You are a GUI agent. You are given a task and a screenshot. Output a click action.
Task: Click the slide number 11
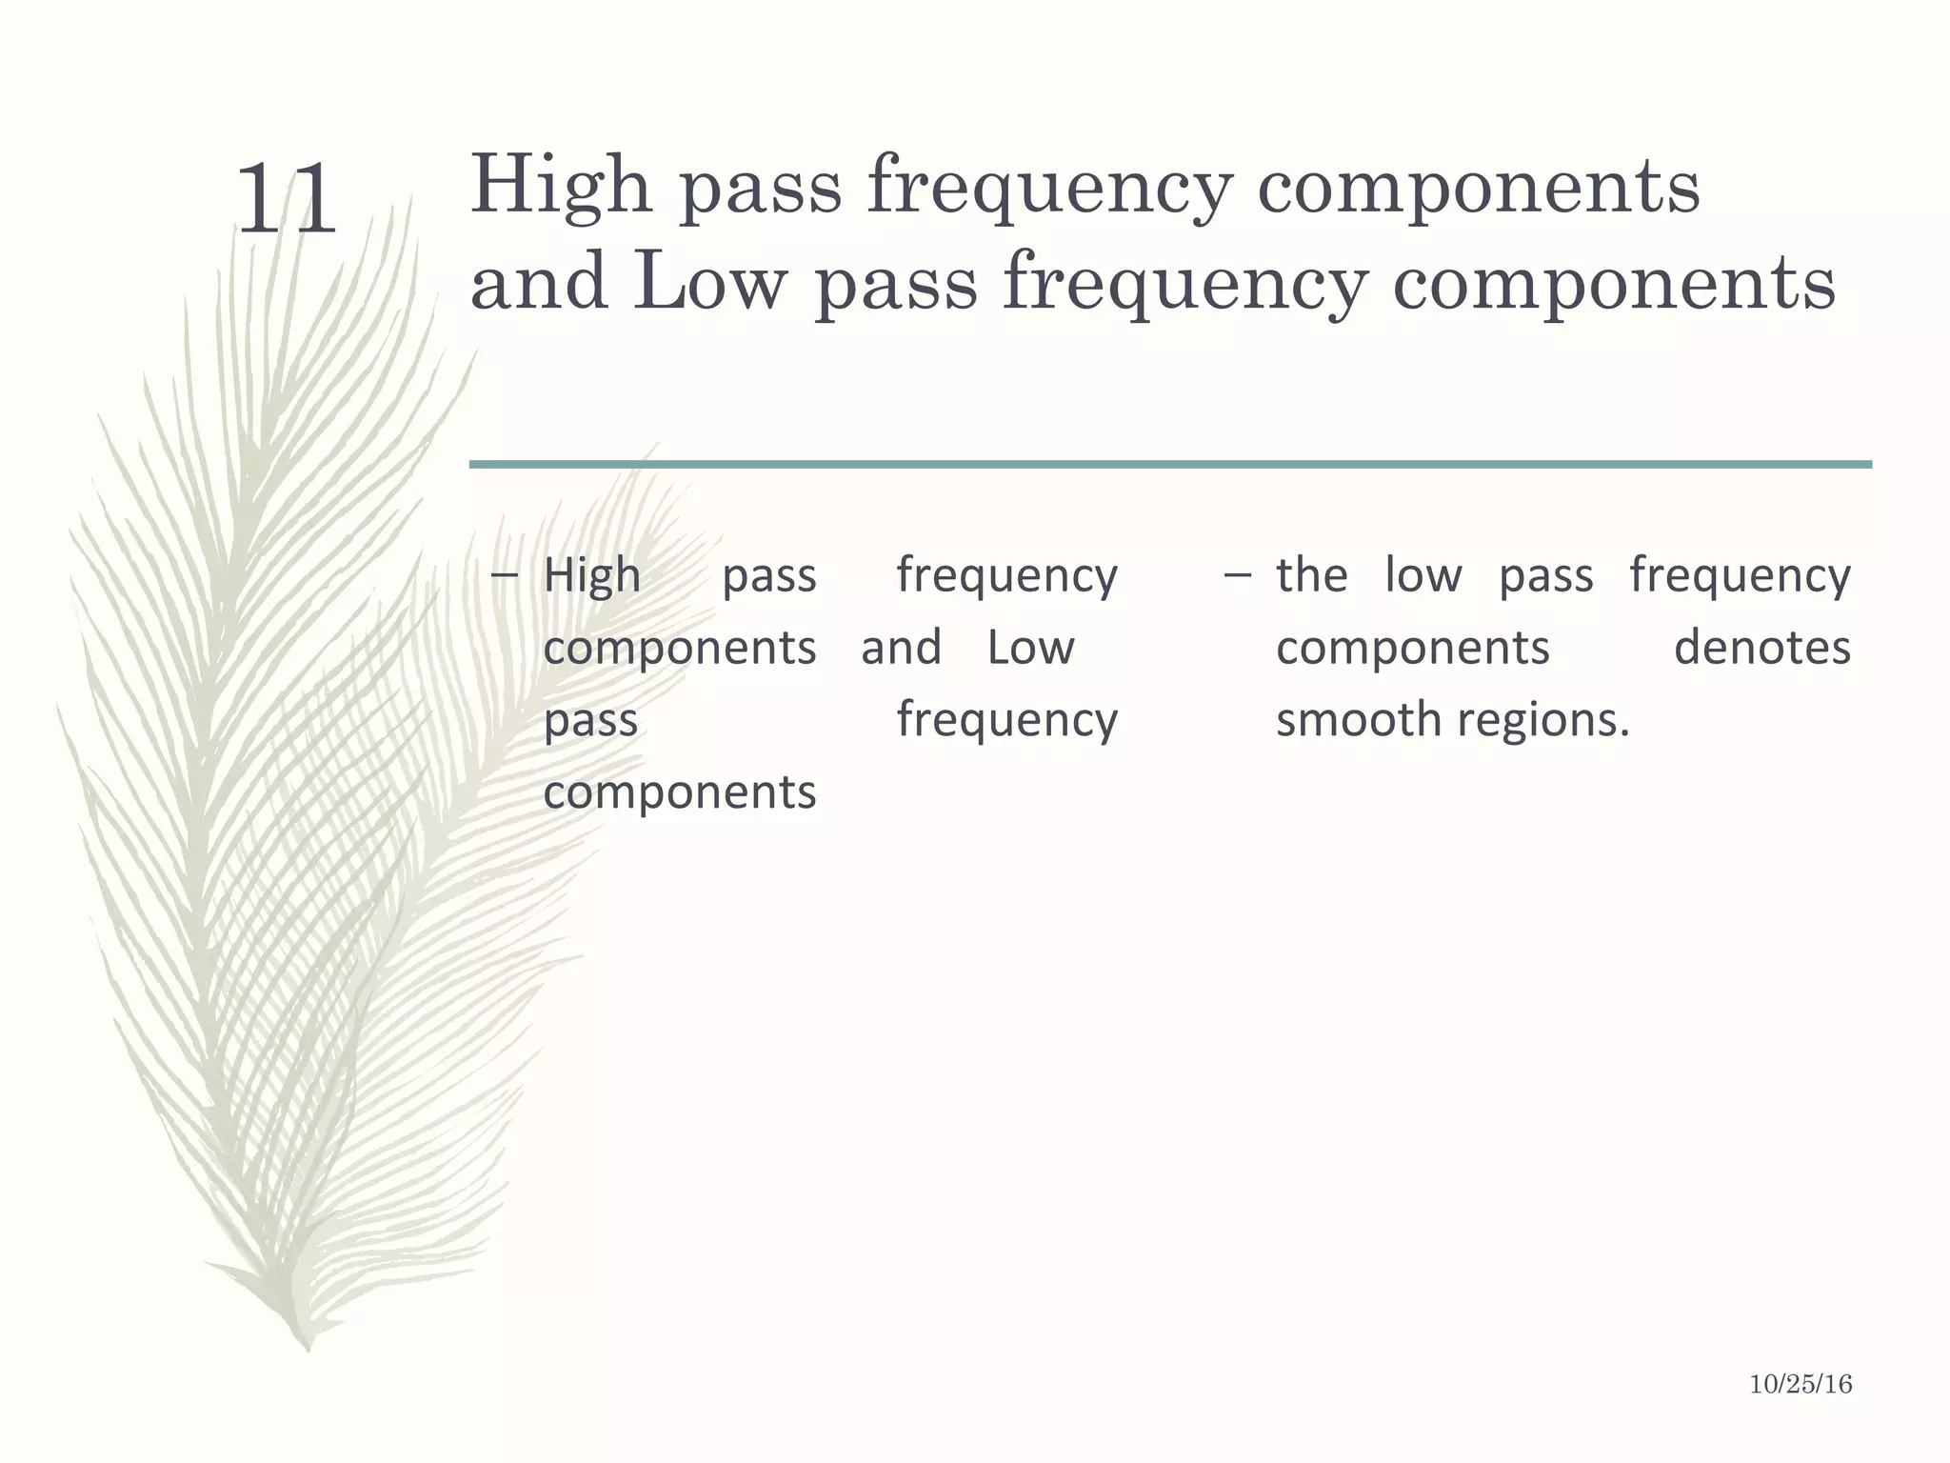click(x=286, y=200)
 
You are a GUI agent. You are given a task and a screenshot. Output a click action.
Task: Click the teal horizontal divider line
click(x=1170, y=464)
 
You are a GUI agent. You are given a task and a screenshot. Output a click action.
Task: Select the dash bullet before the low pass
click(x=1238, y=575)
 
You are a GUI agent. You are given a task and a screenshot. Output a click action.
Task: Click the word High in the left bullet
click(x=592, y=576)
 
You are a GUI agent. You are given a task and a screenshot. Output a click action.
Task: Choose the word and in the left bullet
click(x=901, y=649)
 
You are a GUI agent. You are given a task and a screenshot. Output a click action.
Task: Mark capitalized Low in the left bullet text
click(x=1030, y=649)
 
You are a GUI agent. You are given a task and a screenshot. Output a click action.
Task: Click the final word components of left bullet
click(x=680, y=792)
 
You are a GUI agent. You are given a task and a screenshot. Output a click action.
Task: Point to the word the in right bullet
click(x=1312, y=576)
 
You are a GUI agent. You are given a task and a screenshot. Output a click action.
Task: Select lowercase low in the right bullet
click(x=1423, y=576)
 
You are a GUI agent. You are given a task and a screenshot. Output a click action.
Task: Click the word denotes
click(x=1761, y=649)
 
